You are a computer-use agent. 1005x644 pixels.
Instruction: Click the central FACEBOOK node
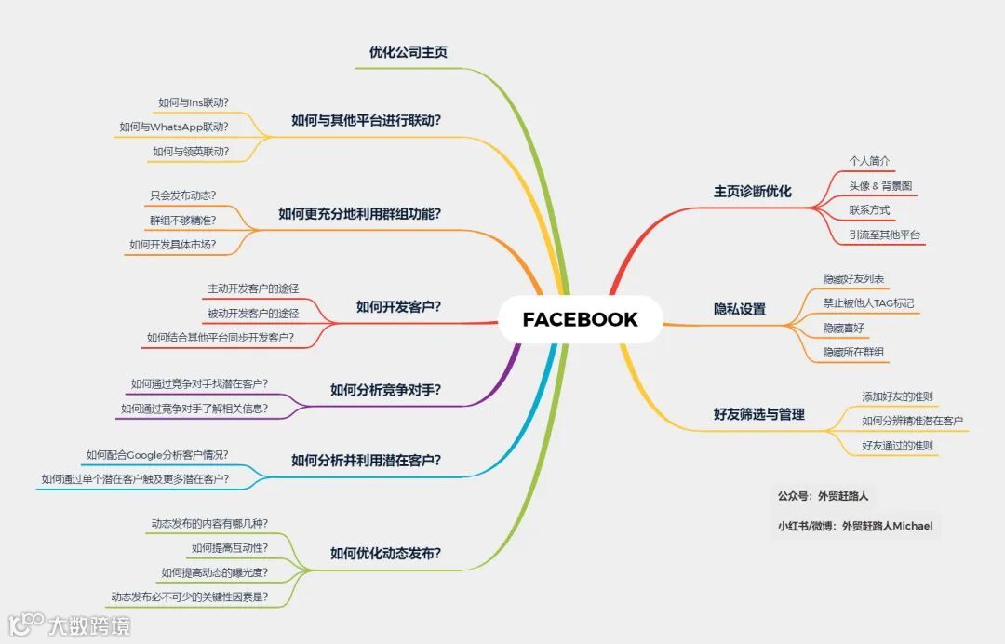pyautogui.click(x=580, y=319)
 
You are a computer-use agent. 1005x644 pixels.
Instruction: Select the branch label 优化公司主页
pyautogui.click(x=409, y=52)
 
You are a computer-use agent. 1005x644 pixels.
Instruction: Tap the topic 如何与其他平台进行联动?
pyautogui.click(x=366, y=120)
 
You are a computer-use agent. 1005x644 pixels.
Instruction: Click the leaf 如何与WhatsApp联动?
pyautogui.click(x=174, y=127)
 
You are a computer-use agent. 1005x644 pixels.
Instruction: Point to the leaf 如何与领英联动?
pyautogui.click(x=191, y=151)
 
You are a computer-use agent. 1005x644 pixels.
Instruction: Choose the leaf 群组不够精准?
pyautogui.click(x=182, y=220)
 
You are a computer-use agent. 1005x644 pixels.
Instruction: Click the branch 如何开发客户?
pyautogui.click(x=398, y=306)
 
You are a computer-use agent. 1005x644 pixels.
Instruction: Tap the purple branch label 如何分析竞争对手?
pyautogui.click(x=385, y=390)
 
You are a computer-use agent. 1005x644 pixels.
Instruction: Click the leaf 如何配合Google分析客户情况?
pyautogui.click(x=157, y=455)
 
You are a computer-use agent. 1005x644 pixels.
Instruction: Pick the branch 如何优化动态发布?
pyautogui.click(x=385, y=554)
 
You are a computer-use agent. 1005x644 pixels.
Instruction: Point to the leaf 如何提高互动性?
pyautogui.click(x=229, y=547)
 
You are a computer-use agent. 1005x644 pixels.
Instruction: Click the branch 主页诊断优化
pyautogui.click(x=752, y=192)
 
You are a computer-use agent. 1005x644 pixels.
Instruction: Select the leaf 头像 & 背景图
pyautogui.click(x=880, y=185)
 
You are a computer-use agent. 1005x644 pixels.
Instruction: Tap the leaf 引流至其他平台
pyautogui.click(x=884, y=235)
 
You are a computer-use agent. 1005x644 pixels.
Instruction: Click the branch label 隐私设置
pyautogui.click(x=739, y=309)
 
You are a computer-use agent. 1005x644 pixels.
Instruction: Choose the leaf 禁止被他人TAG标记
pyautogui.click(x=868, y=302)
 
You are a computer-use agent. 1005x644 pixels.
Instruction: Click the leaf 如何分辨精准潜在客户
pyautogui.click(x=912, y=421)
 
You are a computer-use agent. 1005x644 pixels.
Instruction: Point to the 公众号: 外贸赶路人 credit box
pyautogui.click(x=823, y=496)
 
